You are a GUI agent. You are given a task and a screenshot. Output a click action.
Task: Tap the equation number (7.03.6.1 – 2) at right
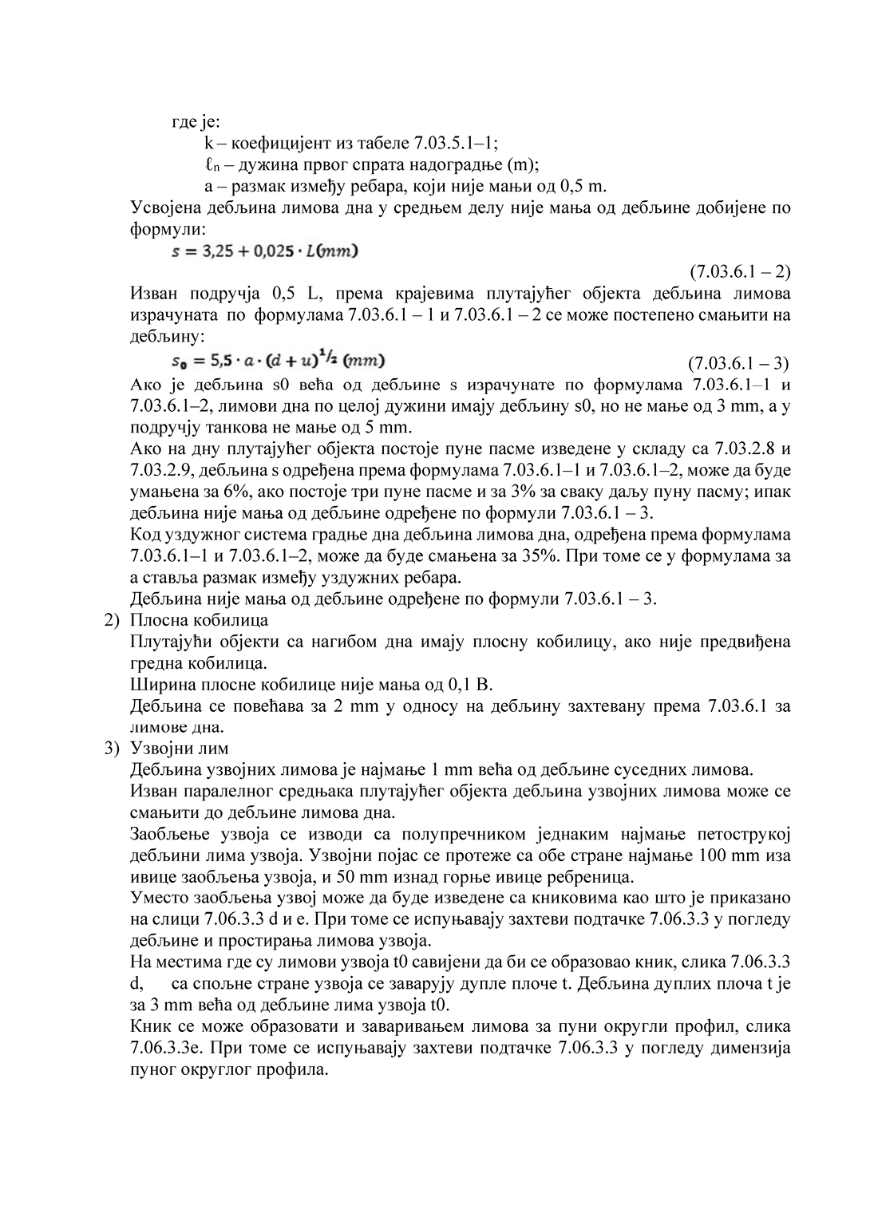click(x=739, y=272)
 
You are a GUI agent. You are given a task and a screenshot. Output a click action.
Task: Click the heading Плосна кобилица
click(x=199, y=620)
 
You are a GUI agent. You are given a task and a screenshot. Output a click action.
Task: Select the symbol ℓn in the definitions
click(x=210, y=166)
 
